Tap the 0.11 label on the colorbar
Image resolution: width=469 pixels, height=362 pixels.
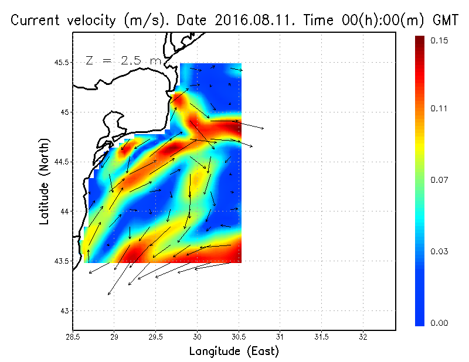[439, 108]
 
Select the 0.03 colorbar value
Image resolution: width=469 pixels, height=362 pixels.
[439, 251]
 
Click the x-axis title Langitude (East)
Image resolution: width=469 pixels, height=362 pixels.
[234, 351]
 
